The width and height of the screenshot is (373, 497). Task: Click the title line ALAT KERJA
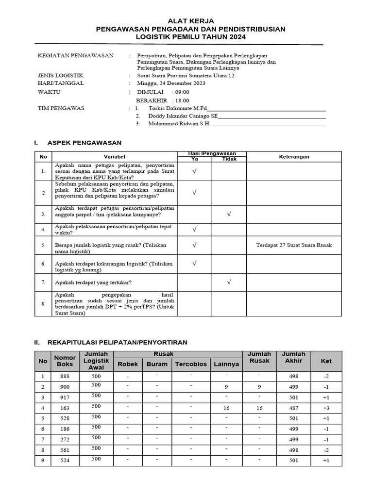coord(190,21)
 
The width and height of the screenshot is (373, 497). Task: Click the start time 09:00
coord(183,92)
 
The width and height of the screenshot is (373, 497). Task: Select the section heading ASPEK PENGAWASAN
coord(84,143)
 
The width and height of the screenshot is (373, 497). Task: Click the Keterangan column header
coord(294,157)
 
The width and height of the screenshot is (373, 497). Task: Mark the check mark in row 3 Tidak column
coord(229,214)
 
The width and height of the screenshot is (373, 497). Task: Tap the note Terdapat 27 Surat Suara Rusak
coord(294,245)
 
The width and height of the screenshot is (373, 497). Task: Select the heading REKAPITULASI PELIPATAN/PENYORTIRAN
coord(117,343)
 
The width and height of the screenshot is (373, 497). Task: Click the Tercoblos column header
coord(191,364)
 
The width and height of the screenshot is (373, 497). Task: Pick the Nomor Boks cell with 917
coord(65,397)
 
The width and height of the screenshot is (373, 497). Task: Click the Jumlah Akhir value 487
coord(293,408)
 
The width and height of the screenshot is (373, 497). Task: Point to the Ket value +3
coord(326,408)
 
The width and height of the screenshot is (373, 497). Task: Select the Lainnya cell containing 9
coord(226,387)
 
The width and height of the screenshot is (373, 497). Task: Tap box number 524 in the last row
coord(65,461)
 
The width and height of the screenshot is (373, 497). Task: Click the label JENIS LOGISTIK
coord(61,76)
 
